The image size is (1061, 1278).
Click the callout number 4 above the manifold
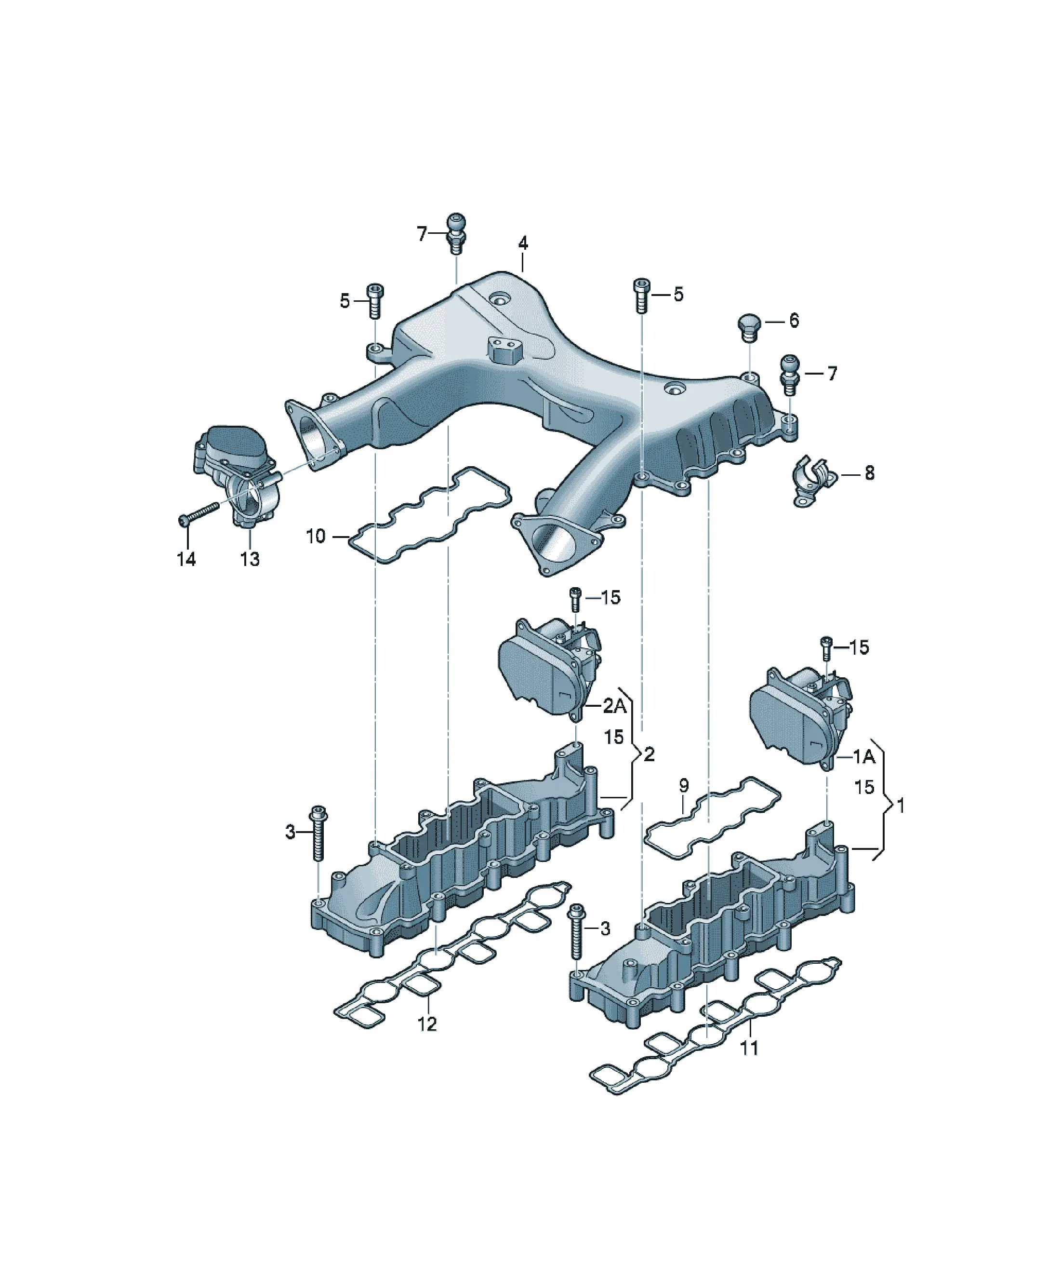pyautogui.click(x=523, y=243)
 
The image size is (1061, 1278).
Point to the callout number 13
pyautogui.click(x=250, y=559)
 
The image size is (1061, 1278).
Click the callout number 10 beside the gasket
pyautogui.click(x=316, y=536)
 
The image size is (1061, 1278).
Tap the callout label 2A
pyautogui.click(x=614, y=706)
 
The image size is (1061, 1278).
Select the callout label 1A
pyautogui.click(x=864, y=756)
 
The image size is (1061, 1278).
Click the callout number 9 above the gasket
pyautogui.click(x=684, y=786)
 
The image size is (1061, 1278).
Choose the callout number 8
pyautogui.click(x=869, y=472)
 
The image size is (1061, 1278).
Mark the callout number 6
pyautogui.click(x=794, y=321)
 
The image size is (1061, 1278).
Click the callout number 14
pyautogui.click(x=186, y=559)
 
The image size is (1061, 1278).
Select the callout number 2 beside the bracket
pyautogui.click(x=649, y=754)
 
